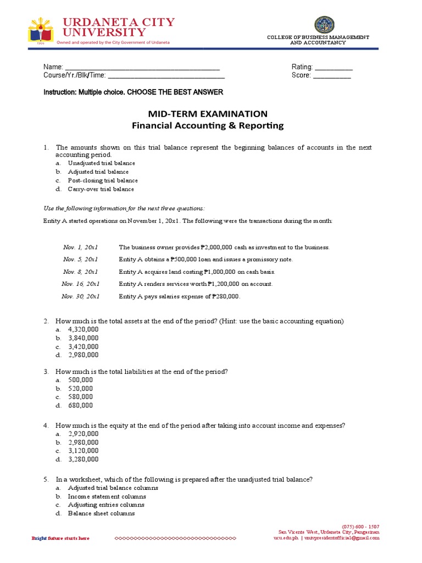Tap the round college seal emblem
pos(324,25)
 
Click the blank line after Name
pos(142,67)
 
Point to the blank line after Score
pos(332,76)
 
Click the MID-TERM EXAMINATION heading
pos(208,114)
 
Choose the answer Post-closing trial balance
pos(103,180)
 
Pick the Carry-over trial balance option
pos(101,189)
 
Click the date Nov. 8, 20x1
pos(80,272)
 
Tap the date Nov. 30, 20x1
pos(80,296)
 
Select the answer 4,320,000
pos(83,329)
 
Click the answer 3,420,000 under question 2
pos(83,346)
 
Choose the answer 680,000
pos(80,405)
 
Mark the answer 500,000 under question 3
pos(80,380)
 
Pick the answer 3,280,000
pos(83,459)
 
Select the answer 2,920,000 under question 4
pos(83,434)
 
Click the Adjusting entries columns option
pos(106,505)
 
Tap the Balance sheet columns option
pos(101,514)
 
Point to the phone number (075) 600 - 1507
pos(360,526)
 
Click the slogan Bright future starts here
pos(60,538)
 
